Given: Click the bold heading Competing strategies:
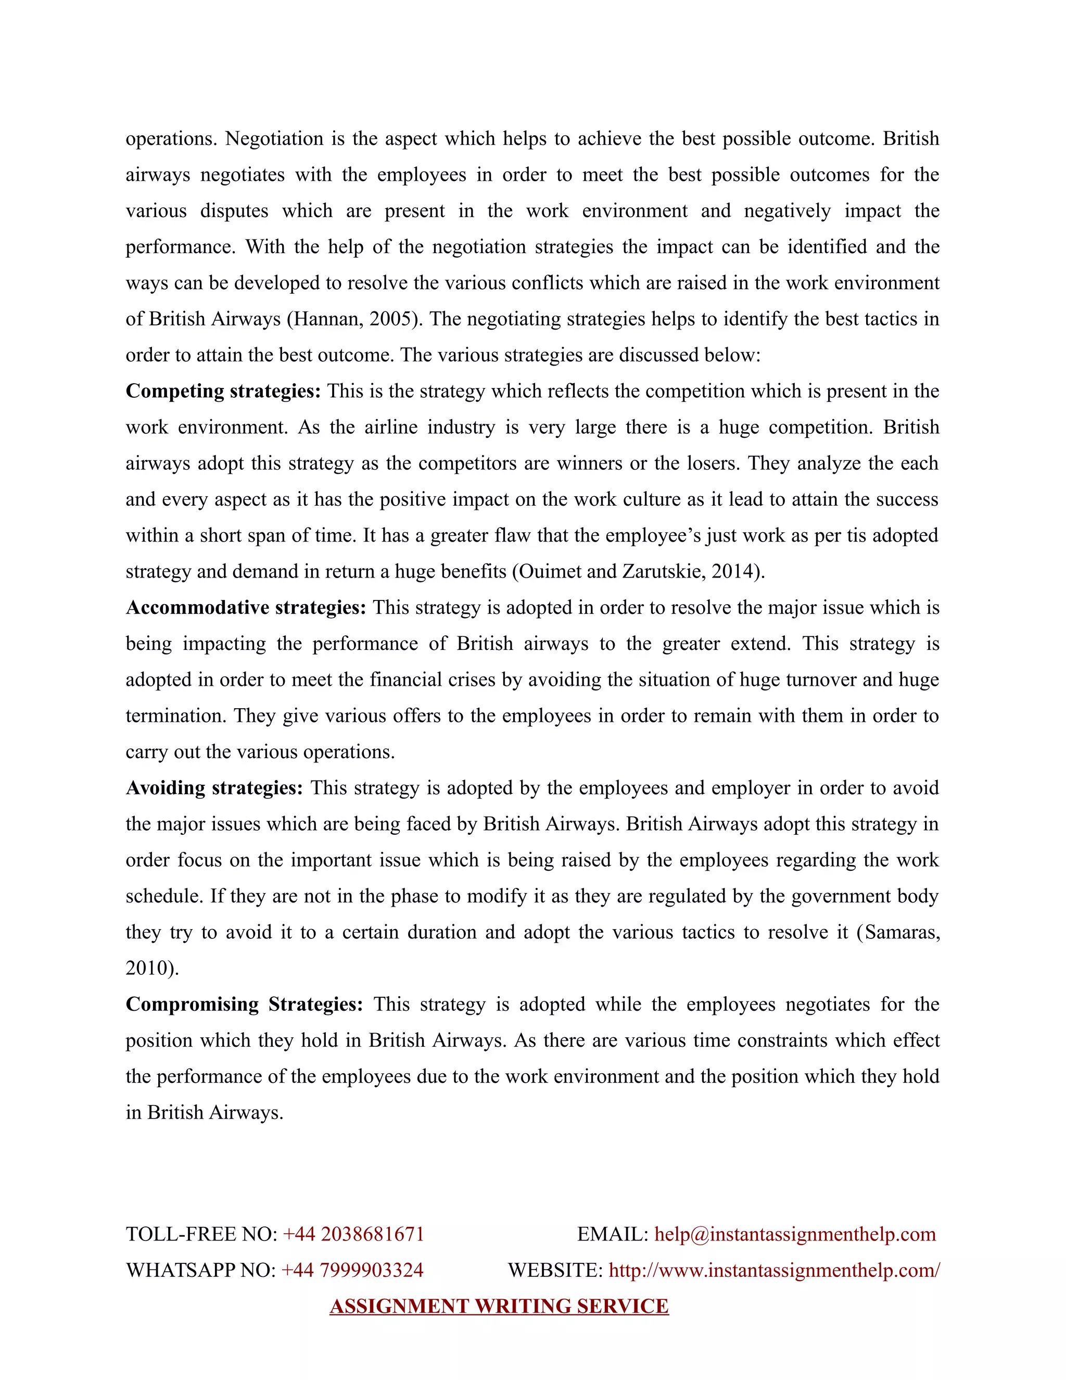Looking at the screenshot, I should pos(223,391).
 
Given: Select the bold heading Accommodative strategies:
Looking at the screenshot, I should pos(246,607).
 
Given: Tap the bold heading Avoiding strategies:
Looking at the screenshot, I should pos(214,788).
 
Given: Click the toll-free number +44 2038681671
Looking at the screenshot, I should pos(353,1234).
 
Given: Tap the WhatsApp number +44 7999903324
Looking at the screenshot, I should pos(352,1270).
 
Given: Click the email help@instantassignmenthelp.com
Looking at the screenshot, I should pos(794,1234).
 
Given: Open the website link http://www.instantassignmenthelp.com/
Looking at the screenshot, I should pos(773,1270).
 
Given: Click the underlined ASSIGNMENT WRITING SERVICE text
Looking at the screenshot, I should pos(499,1306).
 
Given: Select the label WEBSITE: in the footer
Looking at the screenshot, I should pos(555,1270).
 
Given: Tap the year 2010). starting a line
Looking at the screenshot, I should pos(152,968).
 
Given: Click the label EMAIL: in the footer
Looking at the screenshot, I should pos(612,1234).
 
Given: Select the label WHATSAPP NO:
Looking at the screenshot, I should pos(201,1270).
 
